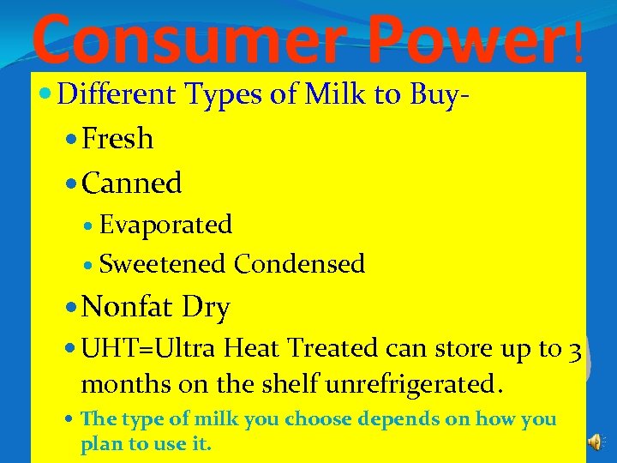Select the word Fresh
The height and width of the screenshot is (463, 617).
[117, 139]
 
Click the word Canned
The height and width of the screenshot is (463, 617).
[132, 183]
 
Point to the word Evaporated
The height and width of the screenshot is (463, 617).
[166, 225]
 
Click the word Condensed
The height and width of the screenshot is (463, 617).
[300, 264]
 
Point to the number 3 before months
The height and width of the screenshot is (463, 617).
[575, 350]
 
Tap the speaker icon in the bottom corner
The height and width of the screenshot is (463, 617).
[596, 442]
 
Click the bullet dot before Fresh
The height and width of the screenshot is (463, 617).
[71, 140]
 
